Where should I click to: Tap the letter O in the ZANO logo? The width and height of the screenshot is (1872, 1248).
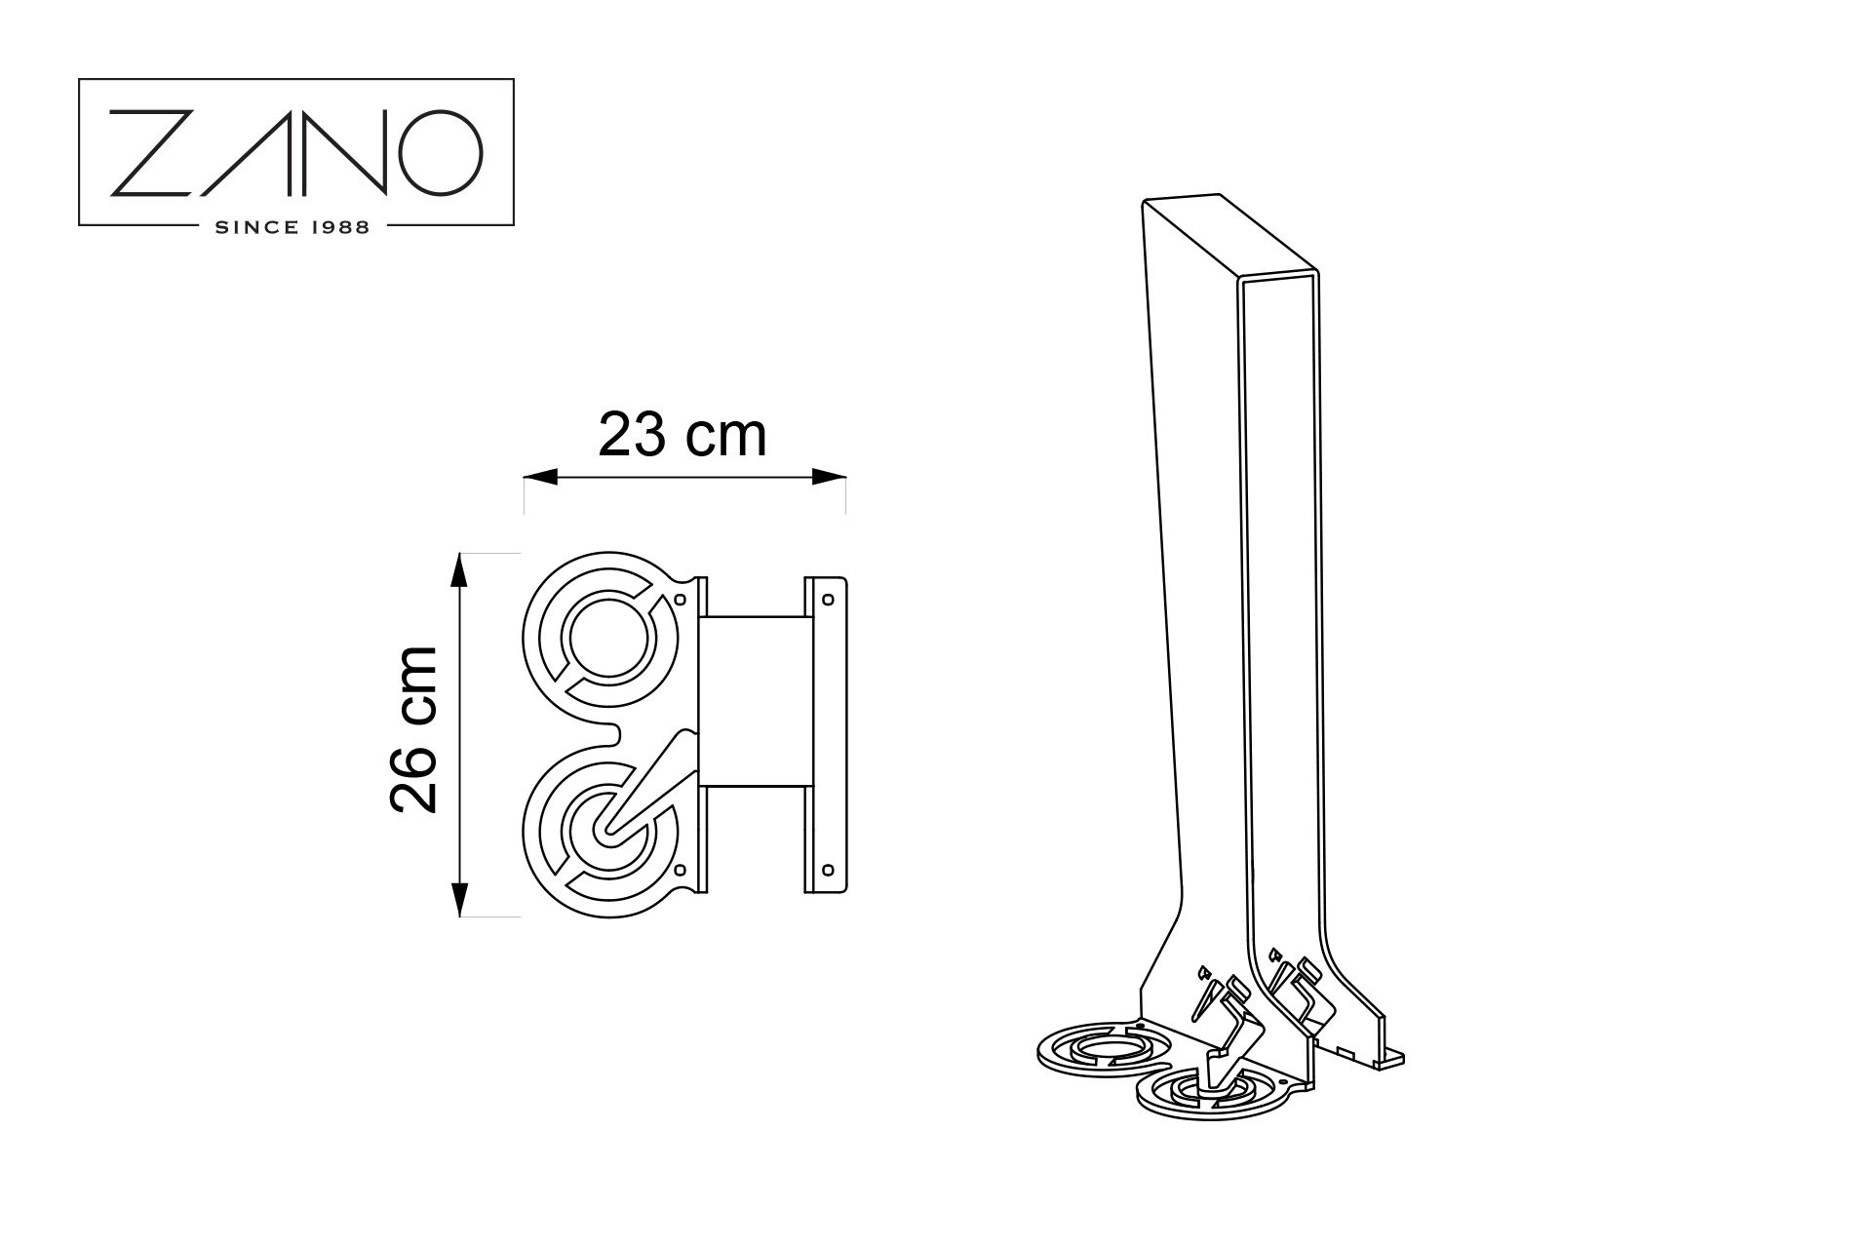point(440,152)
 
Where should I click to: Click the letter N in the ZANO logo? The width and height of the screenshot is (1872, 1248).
point(340,152)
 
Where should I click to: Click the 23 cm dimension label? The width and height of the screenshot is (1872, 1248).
point(682,435)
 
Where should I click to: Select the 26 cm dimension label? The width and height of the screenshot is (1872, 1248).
point(412,729)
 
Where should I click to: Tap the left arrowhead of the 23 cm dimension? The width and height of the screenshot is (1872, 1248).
point(540,477)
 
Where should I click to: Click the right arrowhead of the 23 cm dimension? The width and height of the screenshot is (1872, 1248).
point(829,477)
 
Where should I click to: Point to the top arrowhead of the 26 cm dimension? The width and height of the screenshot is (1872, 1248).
point(461,569)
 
